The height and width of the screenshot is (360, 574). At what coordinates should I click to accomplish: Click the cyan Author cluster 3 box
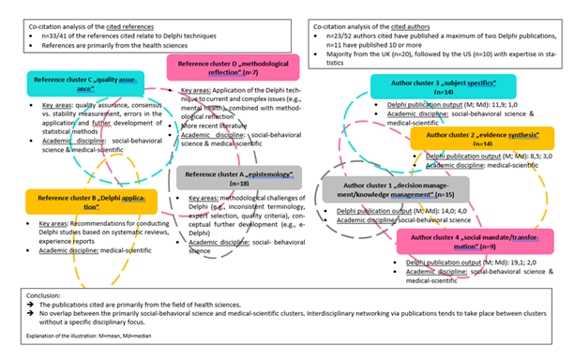coord(427,88)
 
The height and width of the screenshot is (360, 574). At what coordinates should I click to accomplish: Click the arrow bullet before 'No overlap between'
coord(32,315)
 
